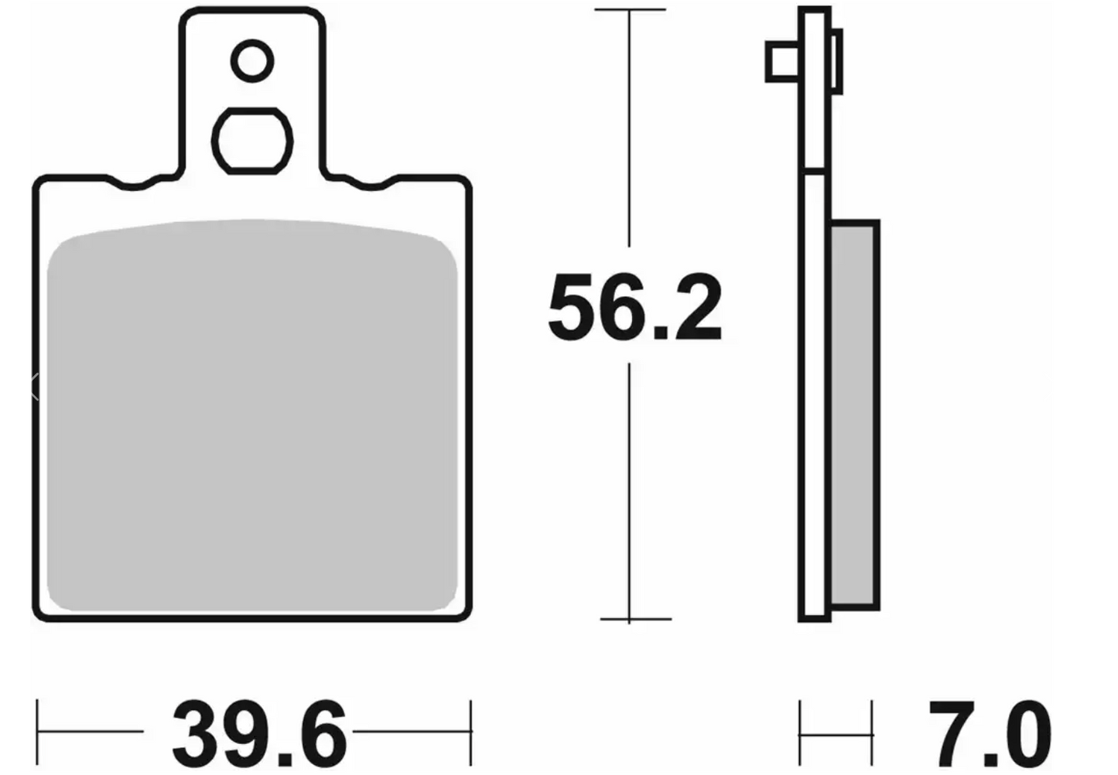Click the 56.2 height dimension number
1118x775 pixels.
(635, 307)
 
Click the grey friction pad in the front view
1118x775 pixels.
(252, 415)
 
